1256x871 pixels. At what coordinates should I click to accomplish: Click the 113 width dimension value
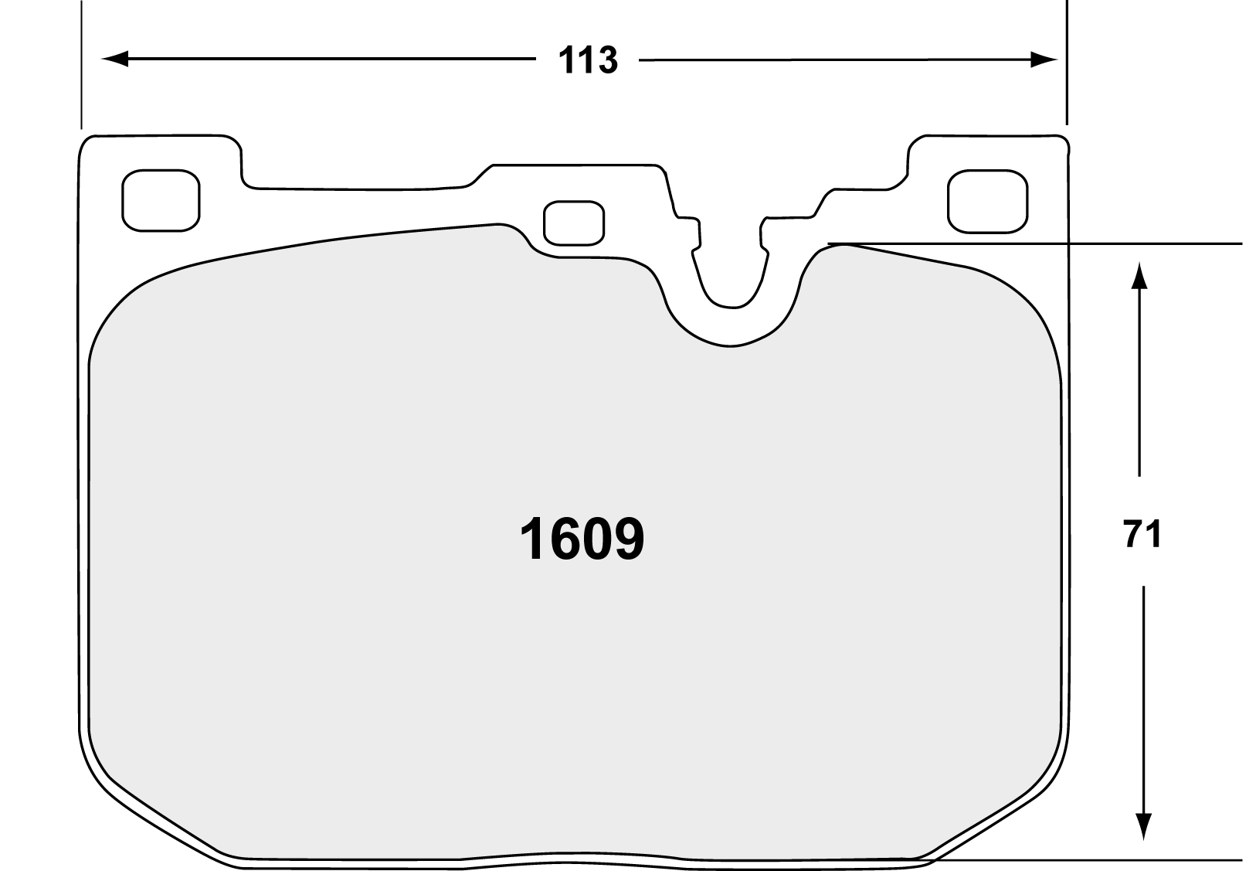(588, 60)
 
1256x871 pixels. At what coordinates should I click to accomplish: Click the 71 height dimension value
(1142, 534)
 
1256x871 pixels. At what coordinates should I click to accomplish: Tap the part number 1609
(581, 539)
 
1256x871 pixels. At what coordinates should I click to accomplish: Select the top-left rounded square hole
(161, 200)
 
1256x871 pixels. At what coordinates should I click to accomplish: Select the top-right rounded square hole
(987, 201)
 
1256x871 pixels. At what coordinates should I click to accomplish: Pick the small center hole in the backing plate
(573, 223)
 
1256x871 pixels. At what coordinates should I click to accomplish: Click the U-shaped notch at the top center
(731, 278)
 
